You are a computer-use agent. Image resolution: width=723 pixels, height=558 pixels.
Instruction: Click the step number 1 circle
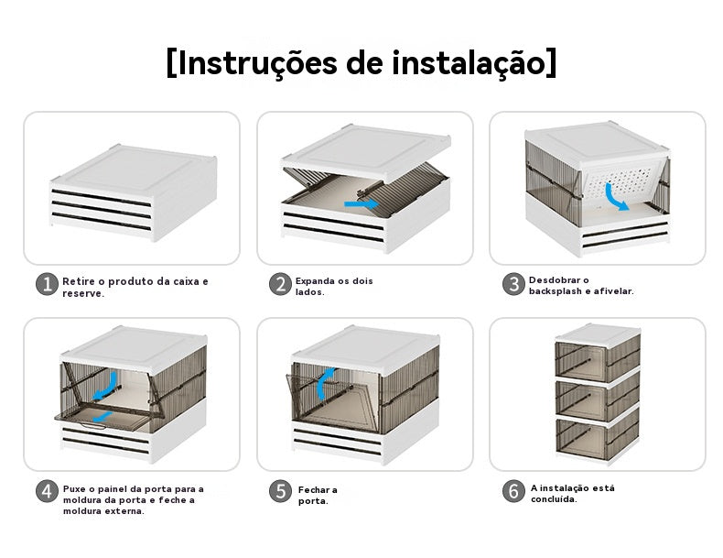(x=47, y=284)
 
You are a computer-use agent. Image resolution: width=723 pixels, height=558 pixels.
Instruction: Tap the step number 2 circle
(x=280, y=284)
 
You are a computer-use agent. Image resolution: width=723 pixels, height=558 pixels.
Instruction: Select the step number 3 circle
(x=513, y=284)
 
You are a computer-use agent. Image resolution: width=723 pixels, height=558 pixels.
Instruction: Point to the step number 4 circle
(x=47, y=490)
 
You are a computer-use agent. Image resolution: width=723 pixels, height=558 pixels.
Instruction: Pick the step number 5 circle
(x=280, y=490)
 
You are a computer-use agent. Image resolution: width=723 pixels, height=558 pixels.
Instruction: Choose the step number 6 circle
(x=513, y=490)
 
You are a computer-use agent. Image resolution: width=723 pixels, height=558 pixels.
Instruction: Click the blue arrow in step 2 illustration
(x=359, y=203)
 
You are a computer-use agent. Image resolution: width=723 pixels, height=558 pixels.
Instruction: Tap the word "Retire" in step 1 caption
(x=78, y=279)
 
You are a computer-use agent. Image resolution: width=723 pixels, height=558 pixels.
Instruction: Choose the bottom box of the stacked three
(x=597, y=440)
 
